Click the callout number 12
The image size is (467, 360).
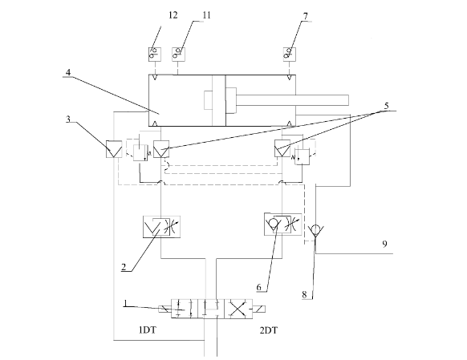click(x=173, y=15)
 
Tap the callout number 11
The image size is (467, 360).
click(x=206, y=15)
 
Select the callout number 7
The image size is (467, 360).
click(x=306, y=16)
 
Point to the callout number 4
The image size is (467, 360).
click(x=68, y=72)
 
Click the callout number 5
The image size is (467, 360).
click(x=387, y=106)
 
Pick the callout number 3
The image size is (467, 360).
click(x=68, y=119)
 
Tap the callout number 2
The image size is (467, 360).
click(x=124, y=266)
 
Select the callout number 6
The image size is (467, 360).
click(x=259, y=287)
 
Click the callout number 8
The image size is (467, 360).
click(x=304, y=294)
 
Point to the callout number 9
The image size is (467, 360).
click(x=385, y=244)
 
